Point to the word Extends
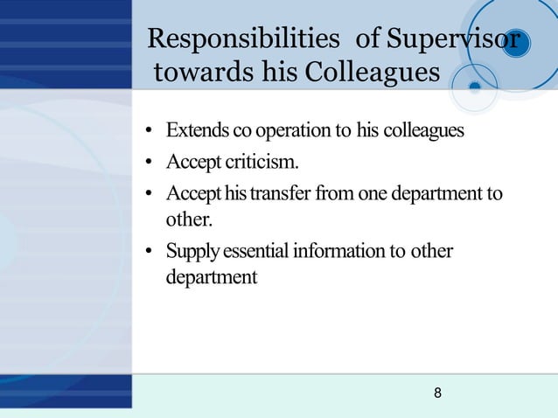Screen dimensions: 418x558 click(x=199, y=131)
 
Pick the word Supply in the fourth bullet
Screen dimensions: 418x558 click(x=192, y=252)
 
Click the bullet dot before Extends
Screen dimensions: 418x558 click(x=150, y=133)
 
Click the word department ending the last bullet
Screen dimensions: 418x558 click(x=211, y=277)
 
